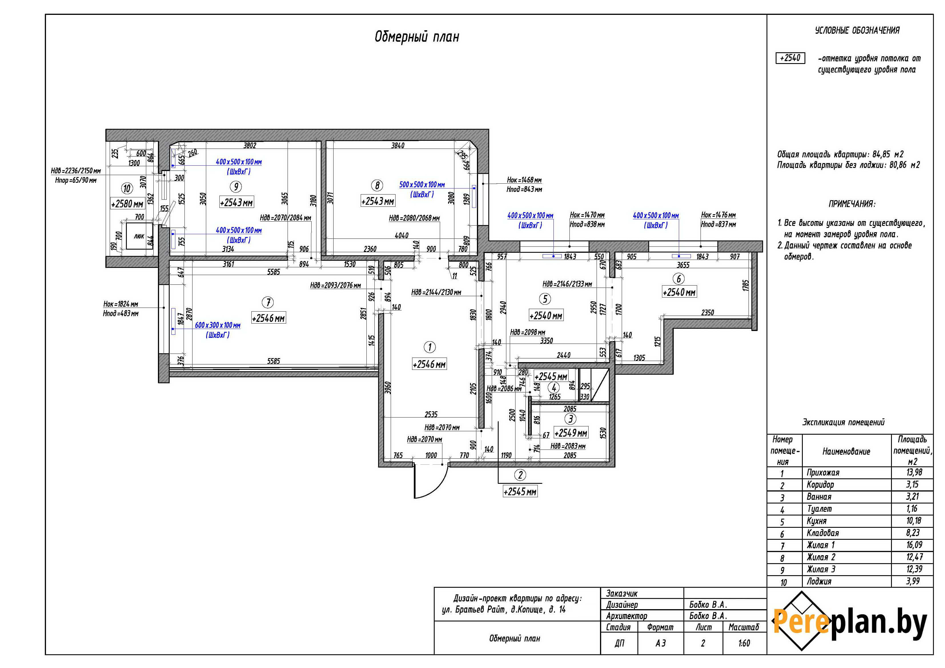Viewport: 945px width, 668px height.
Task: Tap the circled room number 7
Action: click(268, 302)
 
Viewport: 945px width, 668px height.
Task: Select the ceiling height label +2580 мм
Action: click(127, 204)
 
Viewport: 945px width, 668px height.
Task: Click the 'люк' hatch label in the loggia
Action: click(139, 236)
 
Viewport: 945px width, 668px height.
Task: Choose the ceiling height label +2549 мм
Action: click(571, 433)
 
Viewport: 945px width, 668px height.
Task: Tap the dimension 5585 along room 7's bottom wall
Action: click(273, 361)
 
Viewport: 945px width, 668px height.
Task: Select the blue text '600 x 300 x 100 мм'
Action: click(218, 325)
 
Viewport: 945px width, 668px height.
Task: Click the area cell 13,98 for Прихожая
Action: click(914, 472)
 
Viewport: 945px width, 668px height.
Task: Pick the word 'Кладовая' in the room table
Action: click(822, 533)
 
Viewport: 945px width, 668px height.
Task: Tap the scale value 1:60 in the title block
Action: click(744, 643)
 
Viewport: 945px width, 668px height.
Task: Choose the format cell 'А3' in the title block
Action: click(660, 643)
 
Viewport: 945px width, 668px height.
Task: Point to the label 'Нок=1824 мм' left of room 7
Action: click(121, 304)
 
